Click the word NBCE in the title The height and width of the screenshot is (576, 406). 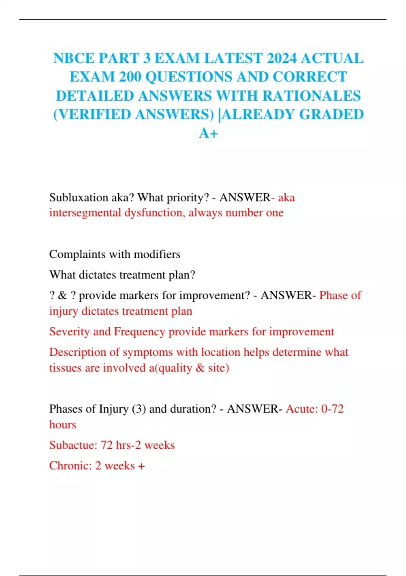point(74,58)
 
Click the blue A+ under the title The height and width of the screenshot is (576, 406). point(208,133)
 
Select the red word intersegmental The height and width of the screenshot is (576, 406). point(85,213)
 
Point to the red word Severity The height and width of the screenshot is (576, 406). point(69,331)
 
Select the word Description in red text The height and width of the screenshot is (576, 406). point(77,352)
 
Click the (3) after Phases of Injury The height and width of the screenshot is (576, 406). point(139,409)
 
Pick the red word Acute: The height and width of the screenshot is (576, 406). point(301,409)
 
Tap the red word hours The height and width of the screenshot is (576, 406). point(63,425)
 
